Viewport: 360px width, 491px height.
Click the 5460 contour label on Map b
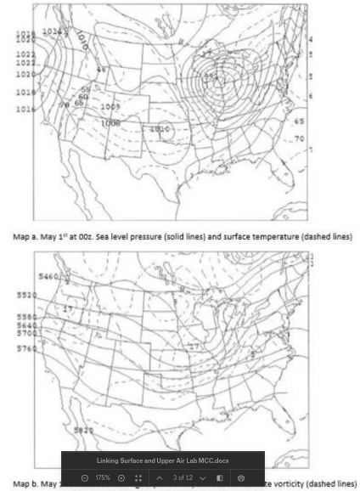point(48,276)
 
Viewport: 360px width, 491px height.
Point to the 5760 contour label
point(26,348)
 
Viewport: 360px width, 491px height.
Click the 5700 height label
point(26,334)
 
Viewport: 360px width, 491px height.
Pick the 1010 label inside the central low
point(159,129)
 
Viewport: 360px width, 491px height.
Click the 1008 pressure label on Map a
point(111,122)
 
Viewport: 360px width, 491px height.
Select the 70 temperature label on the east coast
point(299,138)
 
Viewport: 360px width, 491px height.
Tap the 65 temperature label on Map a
point(299,121)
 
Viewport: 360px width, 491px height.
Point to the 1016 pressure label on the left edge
point(25,109)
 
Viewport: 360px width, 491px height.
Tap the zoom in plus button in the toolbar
point(121,478)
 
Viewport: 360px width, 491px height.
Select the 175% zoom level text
point(103,478)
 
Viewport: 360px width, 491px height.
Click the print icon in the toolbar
point(241,478)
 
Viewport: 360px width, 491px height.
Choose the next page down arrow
point(203,478)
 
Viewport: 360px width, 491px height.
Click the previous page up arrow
point(159,478)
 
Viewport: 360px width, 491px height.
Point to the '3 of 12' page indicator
point(181,478)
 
